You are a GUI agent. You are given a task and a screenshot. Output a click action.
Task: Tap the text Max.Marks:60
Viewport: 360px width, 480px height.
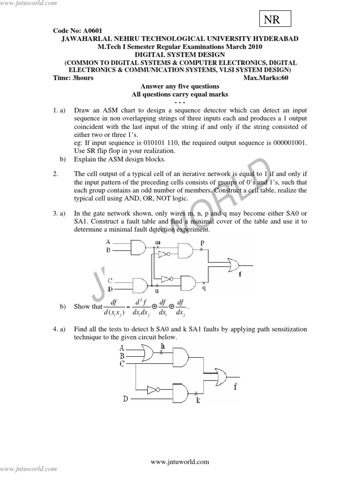pos(266,78)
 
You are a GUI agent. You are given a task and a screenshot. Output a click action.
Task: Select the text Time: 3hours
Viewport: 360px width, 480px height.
pos(74,78)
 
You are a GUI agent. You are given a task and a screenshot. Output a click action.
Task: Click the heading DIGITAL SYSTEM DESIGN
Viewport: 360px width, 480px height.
pos(180,54)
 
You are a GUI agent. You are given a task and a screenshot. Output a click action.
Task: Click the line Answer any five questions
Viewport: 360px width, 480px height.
pos(180,86)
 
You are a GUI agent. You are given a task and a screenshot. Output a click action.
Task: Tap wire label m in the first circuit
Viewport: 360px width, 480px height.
pos(157,241)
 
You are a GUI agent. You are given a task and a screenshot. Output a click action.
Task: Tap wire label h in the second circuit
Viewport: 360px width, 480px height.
pos(163,346)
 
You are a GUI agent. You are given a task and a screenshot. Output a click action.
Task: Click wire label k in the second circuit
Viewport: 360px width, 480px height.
pos(198,400)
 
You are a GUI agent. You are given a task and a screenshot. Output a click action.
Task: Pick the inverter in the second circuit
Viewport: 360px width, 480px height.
pos(154,390)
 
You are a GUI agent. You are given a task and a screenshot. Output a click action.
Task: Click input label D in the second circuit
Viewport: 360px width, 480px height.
pos(125,399)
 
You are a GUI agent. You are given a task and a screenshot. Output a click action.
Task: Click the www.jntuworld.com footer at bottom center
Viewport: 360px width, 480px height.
pos(180,462)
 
